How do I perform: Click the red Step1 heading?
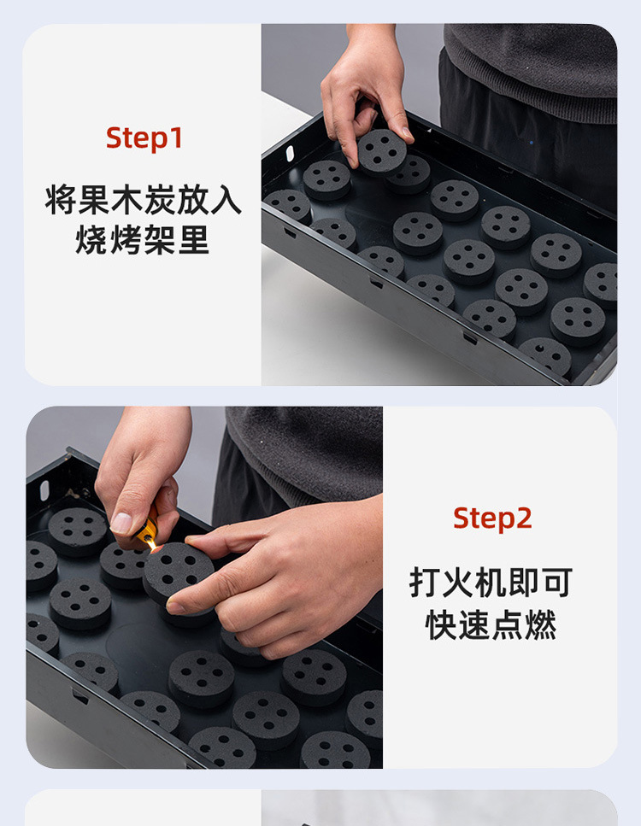(144, 138)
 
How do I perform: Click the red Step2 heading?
(492, 518)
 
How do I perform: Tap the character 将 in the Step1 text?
(61, 200)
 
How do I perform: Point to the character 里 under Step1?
(193, 239)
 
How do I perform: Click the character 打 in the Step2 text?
(426, 582)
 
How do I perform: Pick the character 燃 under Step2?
(541, 624)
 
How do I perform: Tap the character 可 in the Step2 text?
(556, 582)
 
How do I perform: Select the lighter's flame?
(153, 545)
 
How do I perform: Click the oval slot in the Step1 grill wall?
(290, 153)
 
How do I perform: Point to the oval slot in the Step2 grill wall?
(44, 489)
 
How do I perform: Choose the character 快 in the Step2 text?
(441, 624)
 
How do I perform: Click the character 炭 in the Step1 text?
(160, 200)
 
